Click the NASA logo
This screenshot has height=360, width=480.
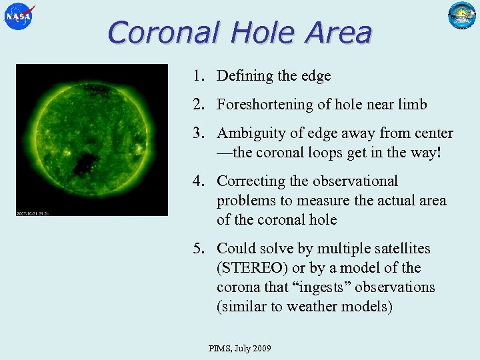tap(19, 16)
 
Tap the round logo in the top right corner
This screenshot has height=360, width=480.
tap(462, 16)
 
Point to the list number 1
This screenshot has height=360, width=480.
tap(199, 76)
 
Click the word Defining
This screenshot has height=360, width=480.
tap(245, 76)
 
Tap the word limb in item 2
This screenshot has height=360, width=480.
tap(412, 105)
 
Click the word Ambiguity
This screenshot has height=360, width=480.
tap(249, 133)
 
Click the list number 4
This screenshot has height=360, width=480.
tap(199, 181)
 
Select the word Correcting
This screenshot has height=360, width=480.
tap(251, 181)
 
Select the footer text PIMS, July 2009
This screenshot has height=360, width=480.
tap(239, 349)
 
